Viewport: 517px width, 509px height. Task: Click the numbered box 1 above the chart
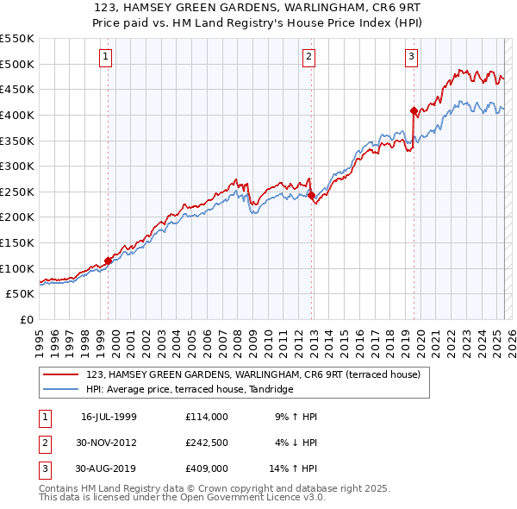click(105, 57)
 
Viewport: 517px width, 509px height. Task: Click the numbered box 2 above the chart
click(308, 57)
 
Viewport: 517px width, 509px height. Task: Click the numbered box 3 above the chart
click(411, 57)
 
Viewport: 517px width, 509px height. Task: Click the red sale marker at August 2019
click(414, 110)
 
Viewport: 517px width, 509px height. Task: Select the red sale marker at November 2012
click(311, 196)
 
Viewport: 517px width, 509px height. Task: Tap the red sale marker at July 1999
click(108, 261)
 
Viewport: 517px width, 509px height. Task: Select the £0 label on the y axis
click(26, 319)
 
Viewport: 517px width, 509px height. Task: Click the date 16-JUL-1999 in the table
click(109, 417)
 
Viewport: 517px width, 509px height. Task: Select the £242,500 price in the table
click(206, 443)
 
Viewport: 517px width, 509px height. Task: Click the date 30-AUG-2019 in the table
click(109, 468)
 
